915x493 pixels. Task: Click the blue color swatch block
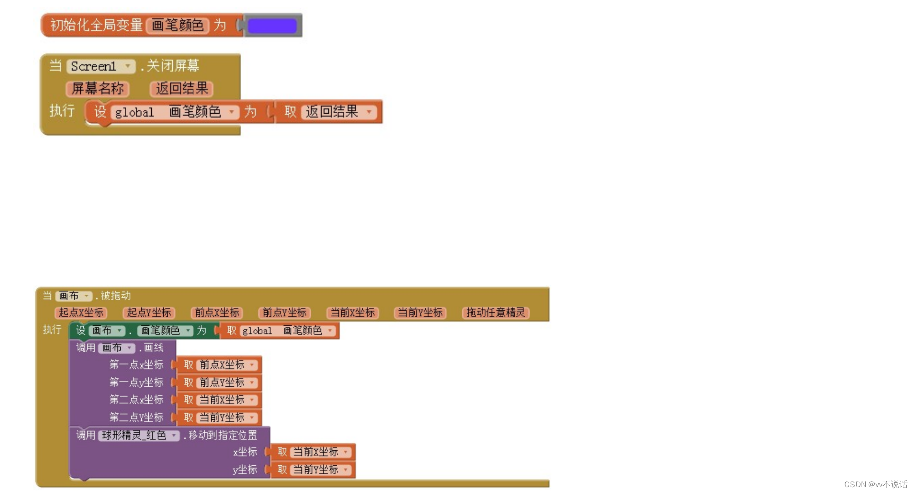pyautogui.click(x=272, y=26)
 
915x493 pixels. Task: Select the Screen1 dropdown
pyautogui.click(x=100, y=66)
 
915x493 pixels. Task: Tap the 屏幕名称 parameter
pyautogui.click(x=97, y=89)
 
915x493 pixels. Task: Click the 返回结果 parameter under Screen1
pyautogui.click(x=182, y=89)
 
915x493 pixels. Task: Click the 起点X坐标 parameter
pyautogui.click(x=81, y=313)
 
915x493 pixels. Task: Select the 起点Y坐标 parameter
pyautogui.click(x=149, y=313)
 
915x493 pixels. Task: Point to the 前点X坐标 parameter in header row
pyautogui.click(x=217, y=313)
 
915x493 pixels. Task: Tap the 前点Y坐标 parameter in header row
pyautogui.click(x=285, y=313)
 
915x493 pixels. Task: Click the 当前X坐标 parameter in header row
pyautogui.click(x=352, y=313)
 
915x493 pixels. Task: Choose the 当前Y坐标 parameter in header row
pyautogui.click(x=420, y=313)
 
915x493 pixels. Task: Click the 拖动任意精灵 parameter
pyautogui.click(x=495, y=313)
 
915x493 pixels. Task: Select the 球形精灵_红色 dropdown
pyautogui.click(x=139, y=435)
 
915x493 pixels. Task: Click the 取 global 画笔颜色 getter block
pyautogui.click(x=280, y=331)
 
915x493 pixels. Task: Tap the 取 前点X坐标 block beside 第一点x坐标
pyautogui.click(x=219, y=365)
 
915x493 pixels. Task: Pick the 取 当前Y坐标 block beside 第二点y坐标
pyautogui.click(x=219, y=418)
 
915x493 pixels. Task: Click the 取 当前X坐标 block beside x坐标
pyautogui.click(x=313, y=452)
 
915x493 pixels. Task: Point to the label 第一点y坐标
pyautogui.click(x=136, y=383)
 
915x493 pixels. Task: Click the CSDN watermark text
pyautogui.click(x=875, y=484)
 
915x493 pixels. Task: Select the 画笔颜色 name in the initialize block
pyautogui.click(x=178, y=25)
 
